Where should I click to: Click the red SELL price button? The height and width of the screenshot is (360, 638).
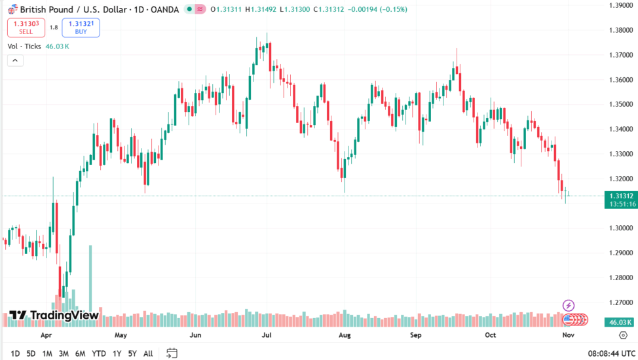click(x=26, y=27)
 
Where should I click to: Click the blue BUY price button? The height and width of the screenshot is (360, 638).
click(x=81, y=27)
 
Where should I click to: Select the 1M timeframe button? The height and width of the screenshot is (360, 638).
click(x=47, y=353)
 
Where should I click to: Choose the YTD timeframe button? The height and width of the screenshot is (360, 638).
click(x=99, y=353)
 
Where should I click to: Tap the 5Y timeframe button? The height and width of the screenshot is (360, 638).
click(x=132, y=353)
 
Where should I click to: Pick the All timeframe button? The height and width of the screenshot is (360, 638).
click(x=148, y=353)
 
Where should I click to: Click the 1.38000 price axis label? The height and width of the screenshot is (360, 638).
click(x=620, y=30)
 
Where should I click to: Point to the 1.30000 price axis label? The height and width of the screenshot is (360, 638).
click(x=620, y=228)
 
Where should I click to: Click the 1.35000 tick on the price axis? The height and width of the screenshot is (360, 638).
click(x=620, y=104)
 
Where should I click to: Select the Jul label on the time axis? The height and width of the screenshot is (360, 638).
click(x=267, y=334)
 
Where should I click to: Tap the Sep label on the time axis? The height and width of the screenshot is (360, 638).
click(x=416, y=334)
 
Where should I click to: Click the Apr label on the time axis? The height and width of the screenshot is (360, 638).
click(x=46, y=334)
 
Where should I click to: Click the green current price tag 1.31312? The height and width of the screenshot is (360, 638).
click(x=620, y=196)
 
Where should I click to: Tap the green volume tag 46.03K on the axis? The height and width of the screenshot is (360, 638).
click(x=620, y=322)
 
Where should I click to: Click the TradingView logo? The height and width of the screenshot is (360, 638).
click(x=54, y=315)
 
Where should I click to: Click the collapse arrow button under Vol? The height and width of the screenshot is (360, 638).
click(x=15, y=61)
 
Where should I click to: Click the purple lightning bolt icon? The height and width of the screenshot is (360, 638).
click(x=569, y=305)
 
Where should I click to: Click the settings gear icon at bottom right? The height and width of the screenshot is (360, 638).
click(x=622, y=334)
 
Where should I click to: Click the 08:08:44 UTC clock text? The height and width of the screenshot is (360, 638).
click(x=611, y=353)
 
